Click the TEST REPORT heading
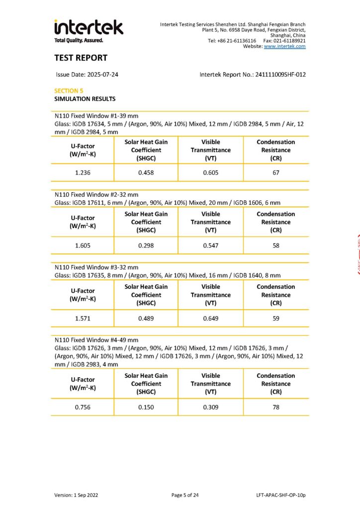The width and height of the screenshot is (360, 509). pos(81,58)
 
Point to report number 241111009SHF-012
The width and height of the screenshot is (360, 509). pos(280,75)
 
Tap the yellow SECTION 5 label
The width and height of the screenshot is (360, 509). pos(69,91)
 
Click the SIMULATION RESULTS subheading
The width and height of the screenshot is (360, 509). pos(85,99)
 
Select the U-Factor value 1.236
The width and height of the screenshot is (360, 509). pos(83,173)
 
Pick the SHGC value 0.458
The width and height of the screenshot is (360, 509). pos(146,173)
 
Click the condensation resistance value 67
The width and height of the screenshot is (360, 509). pos(276,173)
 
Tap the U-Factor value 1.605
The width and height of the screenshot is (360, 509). pos(83,245)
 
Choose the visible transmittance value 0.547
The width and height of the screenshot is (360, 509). pos(210,245)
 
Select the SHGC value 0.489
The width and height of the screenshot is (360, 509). pos(146,318)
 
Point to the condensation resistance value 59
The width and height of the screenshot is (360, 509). pos(276,318)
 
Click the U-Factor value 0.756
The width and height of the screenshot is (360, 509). pos(83,407)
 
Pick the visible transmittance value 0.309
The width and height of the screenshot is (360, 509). pos(210,407)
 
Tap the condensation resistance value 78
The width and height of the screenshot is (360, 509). pos(276,407)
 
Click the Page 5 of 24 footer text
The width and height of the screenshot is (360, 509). pos(185,495)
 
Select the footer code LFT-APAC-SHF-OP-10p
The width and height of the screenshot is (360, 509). pos(278,495)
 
